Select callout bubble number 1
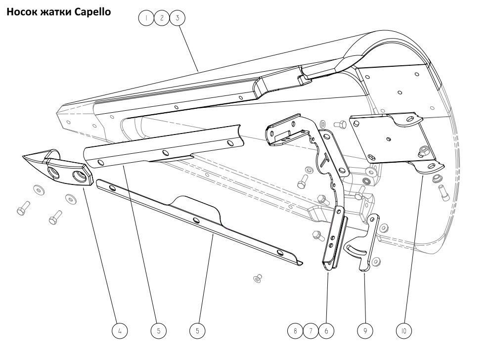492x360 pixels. pos(146,18)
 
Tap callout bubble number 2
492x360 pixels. pos(161,18)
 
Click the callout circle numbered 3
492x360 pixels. pos(176,18)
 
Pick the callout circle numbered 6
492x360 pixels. pos(325,330)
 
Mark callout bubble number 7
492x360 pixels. pos(311,330)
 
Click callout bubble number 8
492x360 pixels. pos(296,330)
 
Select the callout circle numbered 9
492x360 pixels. pos(365,330)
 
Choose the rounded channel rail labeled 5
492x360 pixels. pos(163,148)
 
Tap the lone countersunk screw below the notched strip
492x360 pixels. pos(258,279)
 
